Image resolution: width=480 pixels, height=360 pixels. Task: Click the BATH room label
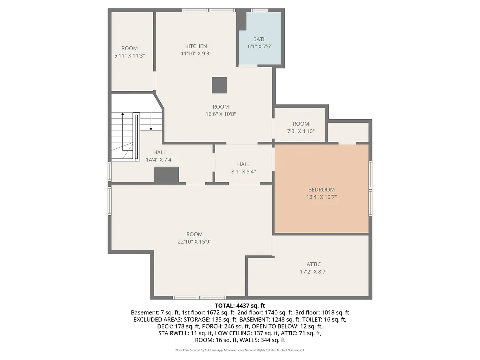tap(260, 39)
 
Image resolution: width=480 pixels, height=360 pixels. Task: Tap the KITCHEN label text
tap(196, 46)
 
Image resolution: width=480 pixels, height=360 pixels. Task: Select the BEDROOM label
tap(321, 190)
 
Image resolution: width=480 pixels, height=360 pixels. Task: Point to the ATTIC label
tap(314, 264)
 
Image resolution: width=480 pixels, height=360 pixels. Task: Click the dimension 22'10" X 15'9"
tap(194, 242)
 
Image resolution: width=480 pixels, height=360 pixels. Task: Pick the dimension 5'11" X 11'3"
tap(130, 56)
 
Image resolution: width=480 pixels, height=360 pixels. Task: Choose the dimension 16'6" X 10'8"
tap(221, 114)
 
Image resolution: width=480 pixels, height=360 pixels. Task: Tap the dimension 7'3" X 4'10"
tap(301, 131)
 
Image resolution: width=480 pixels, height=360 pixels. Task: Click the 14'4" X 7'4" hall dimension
tap(160, 160)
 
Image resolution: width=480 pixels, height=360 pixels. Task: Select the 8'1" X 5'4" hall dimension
tap(243, 171)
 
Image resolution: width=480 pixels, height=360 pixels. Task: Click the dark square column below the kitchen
tap(219, 85)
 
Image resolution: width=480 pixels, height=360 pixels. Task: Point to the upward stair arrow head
tap(123, 114)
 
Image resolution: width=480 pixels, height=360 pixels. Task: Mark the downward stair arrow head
tap(151, 129)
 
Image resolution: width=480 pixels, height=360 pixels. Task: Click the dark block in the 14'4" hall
tap(166, 174)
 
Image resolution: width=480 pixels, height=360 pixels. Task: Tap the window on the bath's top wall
tap(259, 10)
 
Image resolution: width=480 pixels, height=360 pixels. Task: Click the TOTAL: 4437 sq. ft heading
tap(240, 306)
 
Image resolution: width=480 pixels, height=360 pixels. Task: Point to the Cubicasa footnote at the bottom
tap(240, 350)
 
